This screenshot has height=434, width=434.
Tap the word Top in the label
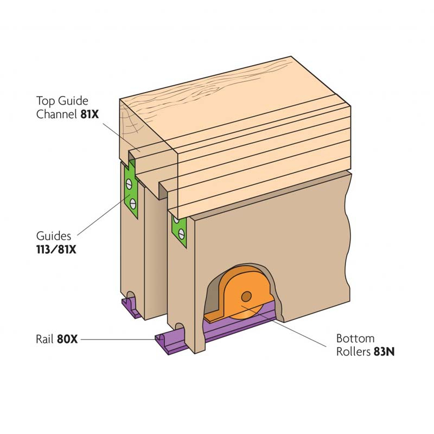click(45, 100)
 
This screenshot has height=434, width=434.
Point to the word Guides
click(54, 237)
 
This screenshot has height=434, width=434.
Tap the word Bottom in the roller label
click(355, 339)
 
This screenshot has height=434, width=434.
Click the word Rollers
click(353, 352)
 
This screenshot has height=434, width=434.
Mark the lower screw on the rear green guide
click(132, 203)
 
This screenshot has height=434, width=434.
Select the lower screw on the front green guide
click(182, 234)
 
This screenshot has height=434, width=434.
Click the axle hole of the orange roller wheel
click(246, 296)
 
